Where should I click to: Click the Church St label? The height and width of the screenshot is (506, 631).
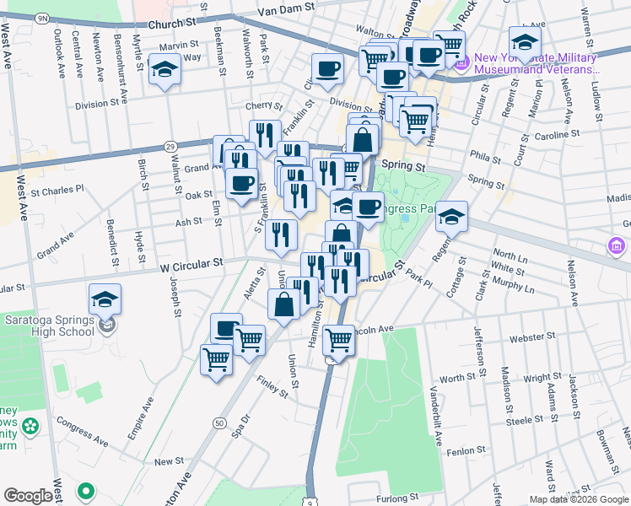click(177, 24)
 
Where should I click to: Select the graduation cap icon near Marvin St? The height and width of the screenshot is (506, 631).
click(164, 70)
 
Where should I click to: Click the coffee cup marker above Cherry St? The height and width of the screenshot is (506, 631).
click(326, 69)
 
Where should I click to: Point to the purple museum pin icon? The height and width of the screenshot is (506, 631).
click(461, 62)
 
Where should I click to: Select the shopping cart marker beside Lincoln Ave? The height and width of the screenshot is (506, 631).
click(338, 340)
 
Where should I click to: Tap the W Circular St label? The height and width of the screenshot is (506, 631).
click(191, 262)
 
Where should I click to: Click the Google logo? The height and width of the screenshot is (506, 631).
click(29, 496)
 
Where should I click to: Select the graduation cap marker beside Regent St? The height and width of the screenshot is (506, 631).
click(451, 217)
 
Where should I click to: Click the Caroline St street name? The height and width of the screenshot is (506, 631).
click(558, 134)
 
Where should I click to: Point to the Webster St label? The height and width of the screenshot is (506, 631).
click(530, 338)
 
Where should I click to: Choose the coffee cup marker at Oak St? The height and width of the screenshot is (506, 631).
click(241, 183)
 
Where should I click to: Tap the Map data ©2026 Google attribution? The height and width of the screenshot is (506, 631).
click(579, 499)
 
